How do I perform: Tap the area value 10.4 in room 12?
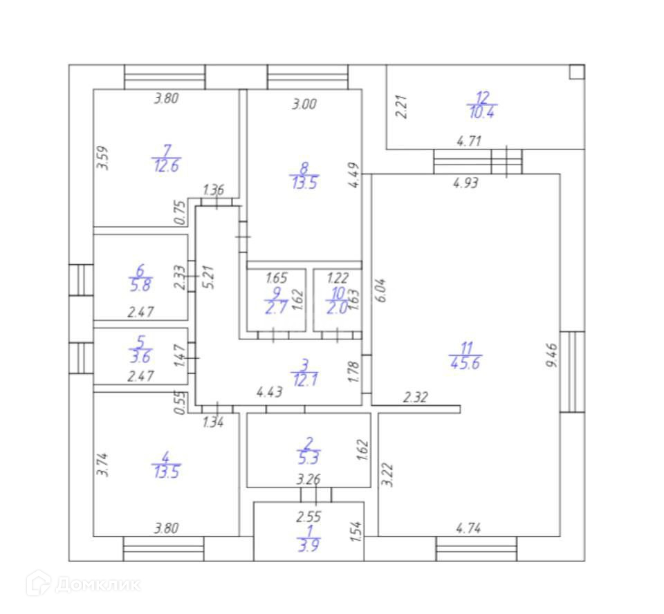point(482,111)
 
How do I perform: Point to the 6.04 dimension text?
point(381,289)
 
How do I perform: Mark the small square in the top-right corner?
point(576,71)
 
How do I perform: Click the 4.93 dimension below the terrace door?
point(465,184)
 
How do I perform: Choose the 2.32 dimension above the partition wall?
point(416,397)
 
